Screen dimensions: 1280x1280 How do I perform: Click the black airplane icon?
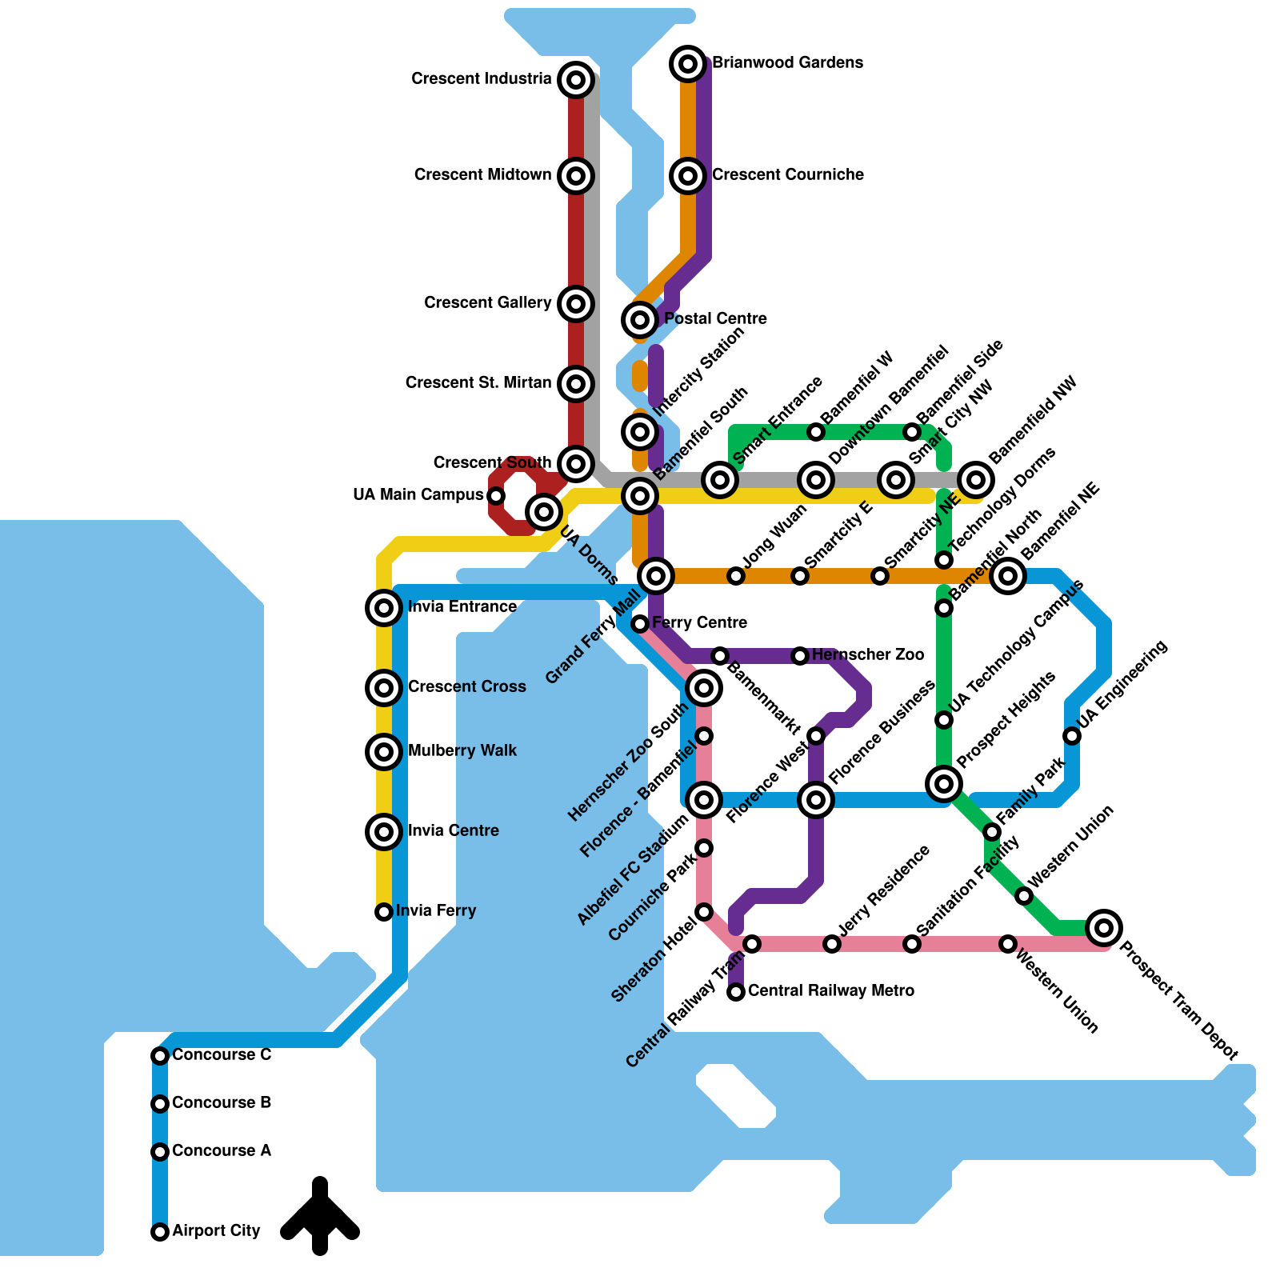320,1216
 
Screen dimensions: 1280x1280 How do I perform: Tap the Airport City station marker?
160,1232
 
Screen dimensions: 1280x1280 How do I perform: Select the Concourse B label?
222,1103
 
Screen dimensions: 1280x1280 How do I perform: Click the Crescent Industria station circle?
576,79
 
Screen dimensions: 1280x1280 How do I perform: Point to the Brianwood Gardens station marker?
688,63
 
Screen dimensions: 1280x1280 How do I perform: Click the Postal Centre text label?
715,319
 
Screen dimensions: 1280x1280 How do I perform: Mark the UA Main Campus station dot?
496,496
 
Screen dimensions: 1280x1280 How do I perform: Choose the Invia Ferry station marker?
384,912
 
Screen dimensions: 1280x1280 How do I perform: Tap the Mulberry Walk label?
462,751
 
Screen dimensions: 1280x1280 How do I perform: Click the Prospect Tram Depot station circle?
1104,928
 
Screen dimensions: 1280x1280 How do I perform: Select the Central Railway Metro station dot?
736,993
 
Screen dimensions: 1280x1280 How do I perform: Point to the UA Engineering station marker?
1072,736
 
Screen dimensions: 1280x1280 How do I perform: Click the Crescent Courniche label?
788,175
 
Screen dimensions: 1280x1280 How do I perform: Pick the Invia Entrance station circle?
384,608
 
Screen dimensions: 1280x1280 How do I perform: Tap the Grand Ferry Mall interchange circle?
656,575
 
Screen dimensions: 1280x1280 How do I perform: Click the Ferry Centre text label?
699,623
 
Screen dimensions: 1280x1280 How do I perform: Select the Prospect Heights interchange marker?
944,784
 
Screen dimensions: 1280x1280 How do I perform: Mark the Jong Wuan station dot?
736,576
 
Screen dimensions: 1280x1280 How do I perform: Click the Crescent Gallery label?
487,303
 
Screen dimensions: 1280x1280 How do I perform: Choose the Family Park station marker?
992,832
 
